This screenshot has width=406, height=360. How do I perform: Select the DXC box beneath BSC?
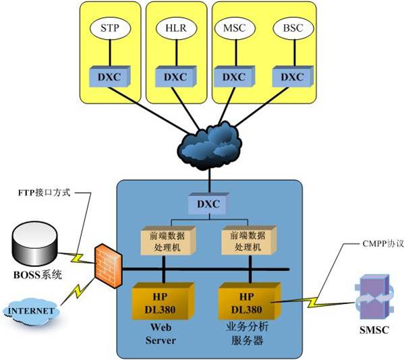[291, 76]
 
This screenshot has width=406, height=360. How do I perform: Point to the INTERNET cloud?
[32, 311]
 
